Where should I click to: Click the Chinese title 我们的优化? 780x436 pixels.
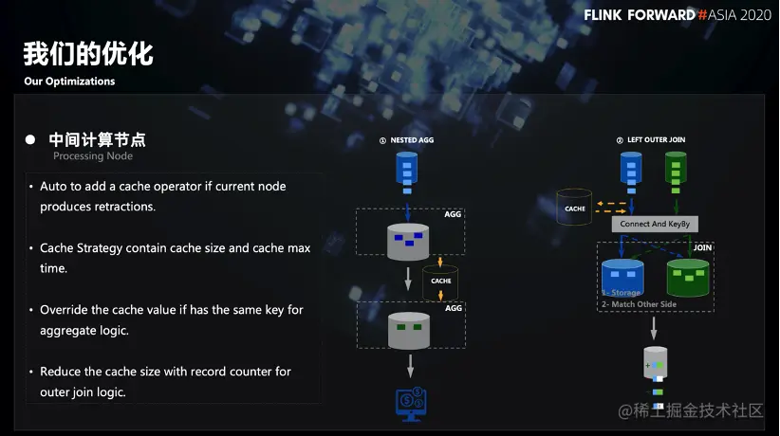88,53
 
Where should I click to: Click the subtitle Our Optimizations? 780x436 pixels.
69,82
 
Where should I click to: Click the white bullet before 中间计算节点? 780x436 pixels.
30,139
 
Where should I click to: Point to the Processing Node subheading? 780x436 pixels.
93,156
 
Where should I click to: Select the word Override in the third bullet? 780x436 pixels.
64,310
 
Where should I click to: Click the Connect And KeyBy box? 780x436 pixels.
655,225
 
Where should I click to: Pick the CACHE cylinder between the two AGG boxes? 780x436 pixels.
441,281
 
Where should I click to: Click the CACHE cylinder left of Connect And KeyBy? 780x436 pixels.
575,208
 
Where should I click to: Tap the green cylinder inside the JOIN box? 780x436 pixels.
688,276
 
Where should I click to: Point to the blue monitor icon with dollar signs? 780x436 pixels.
411,402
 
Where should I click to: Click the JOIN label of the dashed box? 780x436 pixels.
702,248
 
